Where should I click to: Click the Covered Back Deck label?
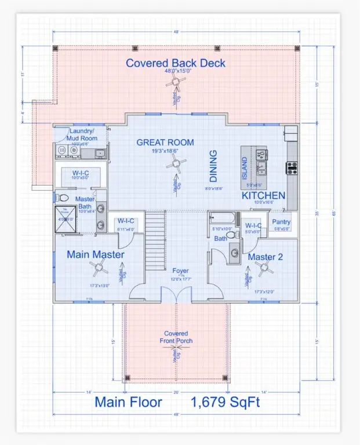point(176,63)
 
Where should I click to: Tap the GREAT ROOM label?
point(165,143)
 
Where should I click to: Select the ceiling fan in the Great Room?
point(174,165)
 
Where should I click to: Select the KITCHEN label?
point(264,195)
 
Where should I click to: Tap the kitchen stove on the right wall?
point(291,168)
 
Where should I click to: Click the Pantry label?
point(281,222)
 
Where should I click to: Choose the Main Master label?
point(95,254)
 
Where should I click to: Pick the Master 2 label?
point(266,256)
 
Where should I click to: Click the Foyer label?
point(180,271)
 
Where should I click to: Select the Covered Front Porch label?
point(176,337)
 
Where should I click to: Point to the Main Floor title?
point(128,402)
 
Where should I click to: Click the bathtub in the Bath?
point(223,220)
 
